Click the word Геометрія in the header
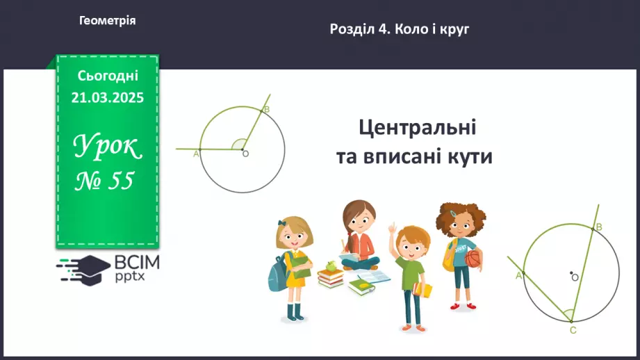[108, 21]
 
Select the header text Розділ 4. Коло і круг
[400, 29]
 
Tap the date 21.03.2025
[108, 98]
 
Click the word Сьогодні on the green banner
[108, 75]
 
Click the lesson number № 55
[105, 181]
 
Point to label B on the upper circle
[267, 110]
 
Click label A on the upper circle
[195, 154]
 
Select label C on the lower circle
[573, 330]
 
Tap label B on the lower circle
[599, 227]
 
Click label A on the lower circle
[518, 276]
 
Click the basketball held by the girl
[473, 259]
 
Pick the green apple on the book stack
[329, 265]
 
